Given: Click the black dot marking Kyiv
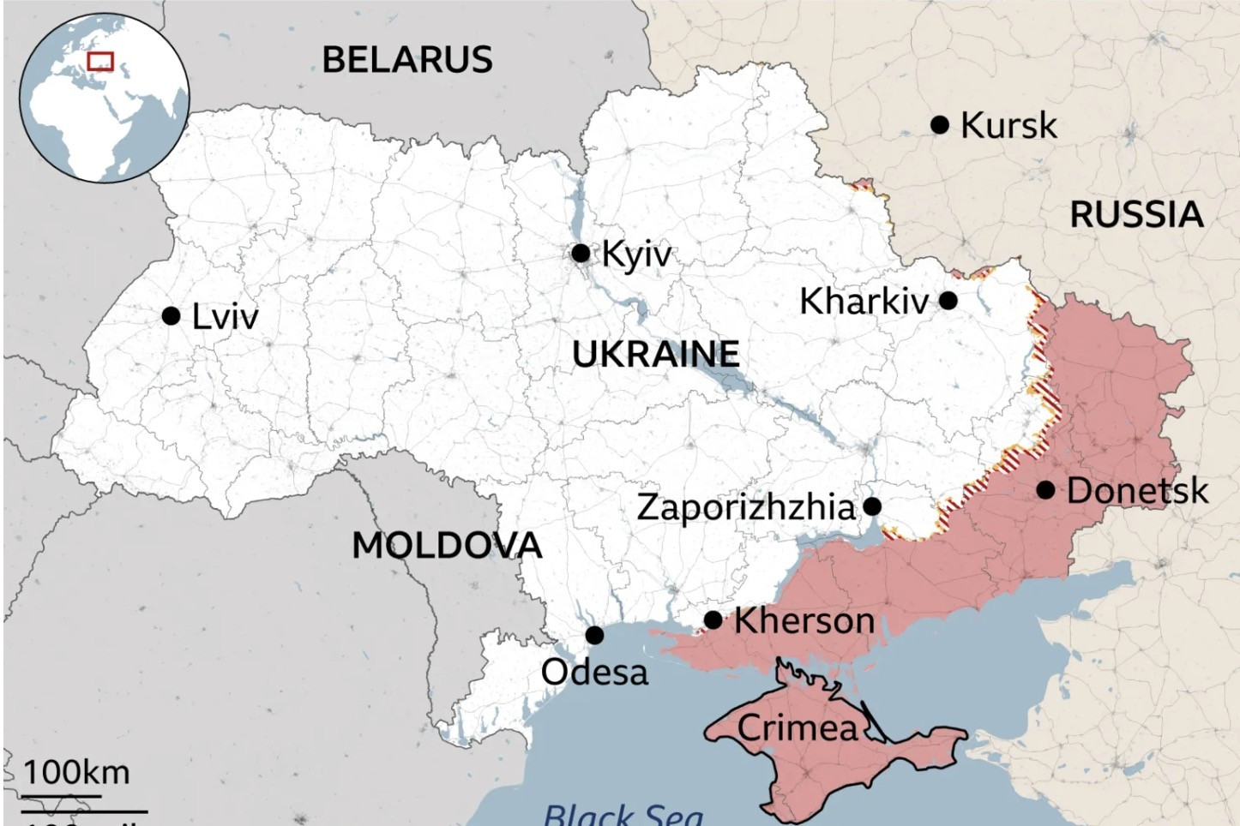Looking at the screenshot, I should (x=581, y=253).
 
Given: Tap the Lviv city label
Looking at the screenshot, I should (x=225, y=317).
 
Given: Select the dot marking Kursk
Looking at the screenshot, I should (x=940, y=125).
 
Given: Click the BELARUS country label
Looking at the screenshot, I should (x=406, y=60).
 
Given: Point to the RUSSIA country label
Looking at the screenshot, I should (x=1136, y=214).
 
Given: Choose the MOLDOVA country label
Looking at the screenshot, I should (x=447, y=546).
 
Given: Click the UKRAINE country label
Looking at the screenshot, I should (x=655, y=354).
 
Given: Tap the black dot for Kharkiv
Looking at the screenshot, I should (x=948, y=301).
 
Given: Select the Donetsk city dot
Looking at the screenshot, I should (x=1045, y=490).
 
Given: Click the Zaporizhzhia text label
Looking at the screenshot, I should (x=746, y=507).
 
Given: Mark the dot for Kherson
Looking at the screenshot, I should (x=713, y=619).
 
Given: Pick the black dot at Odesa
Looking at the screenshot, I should (x=594, y=635).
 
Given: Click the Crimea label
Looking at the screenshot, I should (x=798, y=728).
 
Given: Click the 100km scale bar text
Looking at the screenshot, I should (x=76, y=772).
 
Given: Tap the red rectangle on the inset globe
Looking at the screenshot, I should (x=100, y=62).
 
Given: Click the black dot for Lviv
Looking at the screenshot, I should (x=171, y=316).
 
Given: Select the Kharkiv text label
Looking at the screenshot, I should (x=864, y=302).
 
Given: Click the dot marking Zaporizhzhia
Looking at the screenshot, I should (x=872, y=506).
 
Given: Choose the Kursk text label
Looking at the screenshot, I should (x=1008, y=126).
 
